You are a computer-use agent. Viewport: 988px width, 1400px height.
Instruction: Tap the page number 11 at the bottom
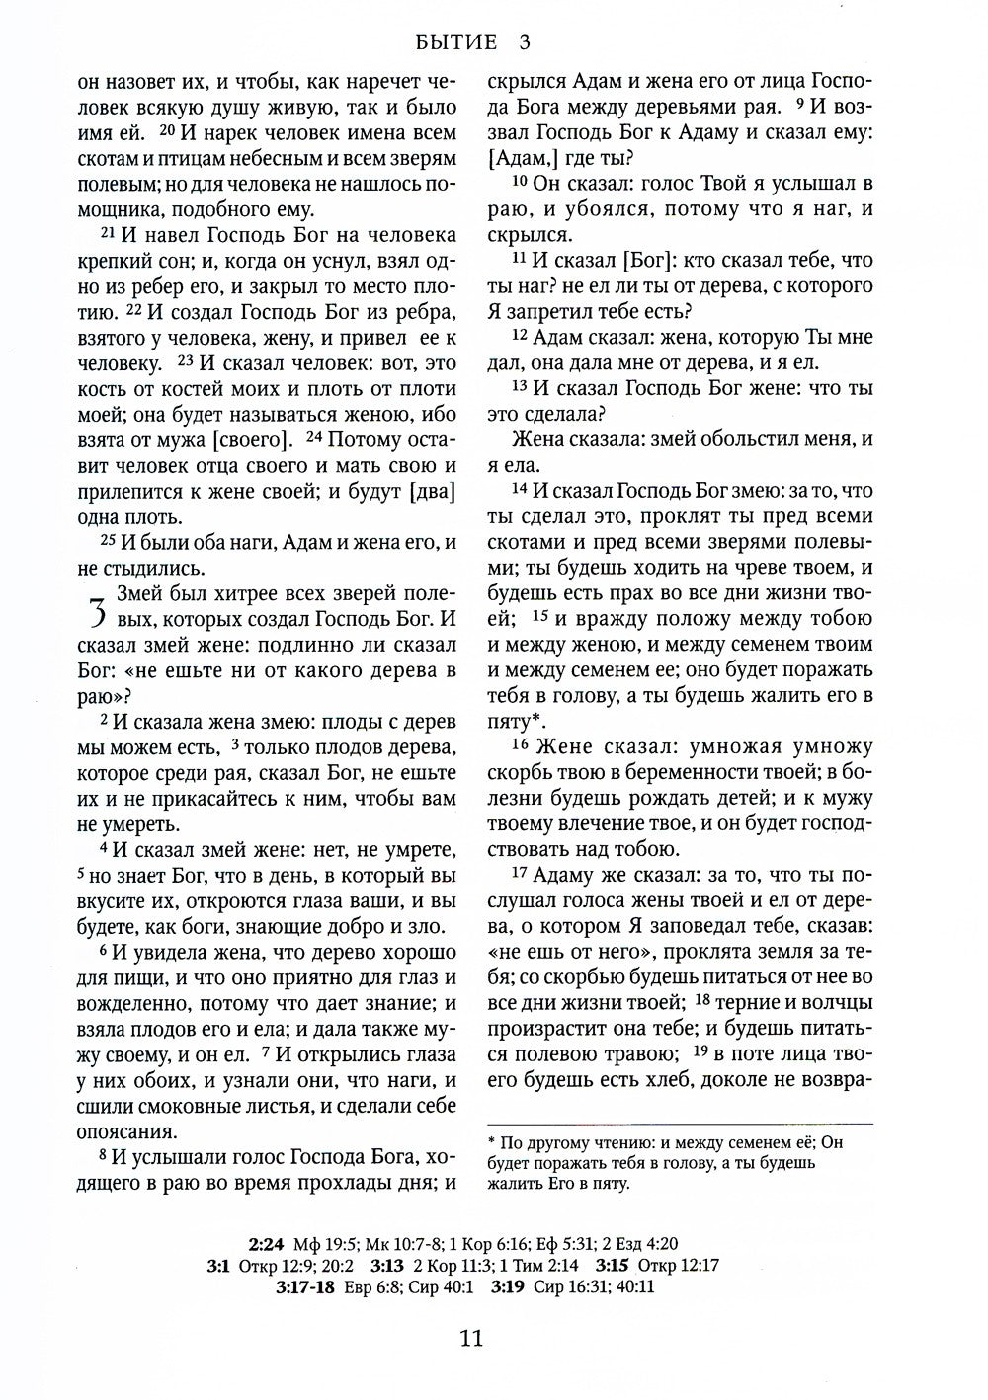(470, 1339)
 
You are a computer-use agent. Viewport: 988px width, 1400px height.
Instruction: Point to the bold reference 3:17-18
(308, 1287)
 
